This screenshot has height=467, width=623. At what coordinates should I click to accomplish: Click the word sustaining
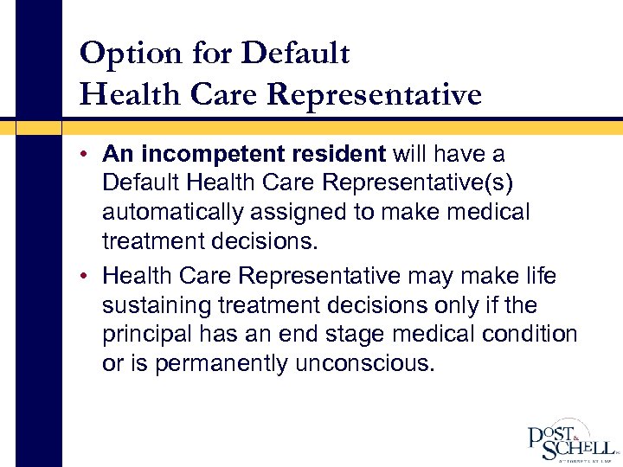pyautogui.click(x=157, y=305)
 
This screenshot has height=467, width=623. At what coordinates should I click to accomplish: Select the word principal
pyautogui.click(x=145, y=335)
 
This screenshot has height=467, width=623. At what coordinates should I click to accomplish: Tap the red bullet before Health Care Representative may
pyautogui.click(x=89, y=277)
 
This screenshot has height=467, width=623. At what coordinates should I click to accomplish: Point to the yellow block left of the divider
pyautogui.click(x=39, y=126)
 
